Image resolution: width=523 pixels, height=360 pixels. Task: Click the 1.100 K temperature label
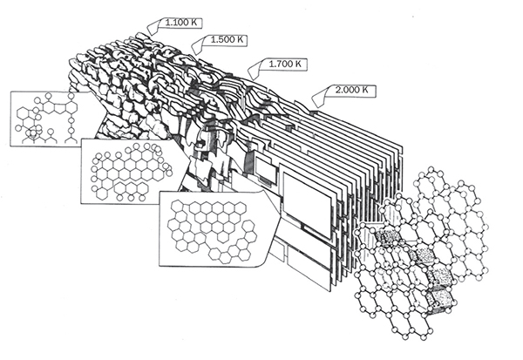coord(181,23)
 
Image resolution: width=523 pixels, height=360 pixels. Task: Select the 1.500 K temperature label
coord(227,39)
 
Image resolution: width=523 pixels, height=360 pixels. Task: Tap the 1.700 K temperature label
coord(285,64)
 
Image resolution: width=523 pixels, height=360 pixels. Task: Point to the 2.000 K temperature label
coord(352,90)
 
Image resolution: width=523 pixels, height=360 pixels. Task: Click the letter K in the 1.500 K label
coord(240,39)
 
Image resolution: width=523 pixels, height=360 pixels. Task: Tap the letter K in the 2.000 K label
coord(365,90)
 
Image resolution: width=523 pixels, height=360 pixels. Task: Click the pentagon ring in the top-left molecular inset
coord(59,108)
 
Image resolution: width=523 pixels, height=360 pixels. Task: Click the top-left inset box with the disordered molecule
coord(50,119)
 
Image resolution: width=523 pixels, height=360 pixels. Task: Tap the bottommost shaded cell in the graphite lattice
coord(441,299)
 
